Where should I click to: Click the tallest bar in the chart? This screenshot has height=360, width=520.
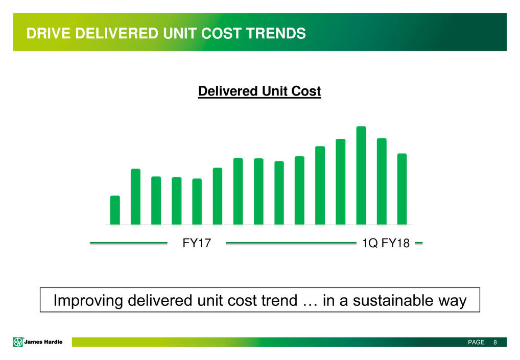tap(361, 175)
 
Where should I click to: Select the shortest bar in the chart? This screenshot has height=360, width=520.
tap(115, 210)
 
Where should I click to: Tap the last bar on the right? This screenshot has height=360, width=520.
tap(402, 189)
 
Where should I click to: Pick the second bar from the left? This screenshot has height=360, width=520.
tap(136, 197)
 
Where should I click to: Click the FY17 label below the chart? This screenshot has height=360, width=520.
tap(197, 243)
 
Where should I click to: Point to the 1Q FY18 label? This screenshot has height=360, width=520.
tap(386, 243)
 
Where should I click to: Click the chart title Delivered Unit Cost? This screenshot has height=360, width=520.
tap(259, 91)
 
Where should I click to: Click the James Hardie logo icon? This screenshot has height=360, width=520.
tap(18, 342)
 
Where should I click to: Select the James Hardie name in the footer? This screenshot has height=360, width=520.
tap(43, 342)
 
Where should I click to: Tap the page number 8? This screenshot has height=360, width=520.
tap(495, 342)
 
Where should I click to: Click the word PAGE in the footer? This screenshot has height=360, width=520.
tap(476, 342)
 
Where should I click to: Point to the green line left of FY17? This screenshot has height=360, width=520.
tap(128, 243)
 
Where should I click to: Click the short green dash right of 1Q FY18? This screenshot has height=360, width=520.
tap(419, 243)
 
